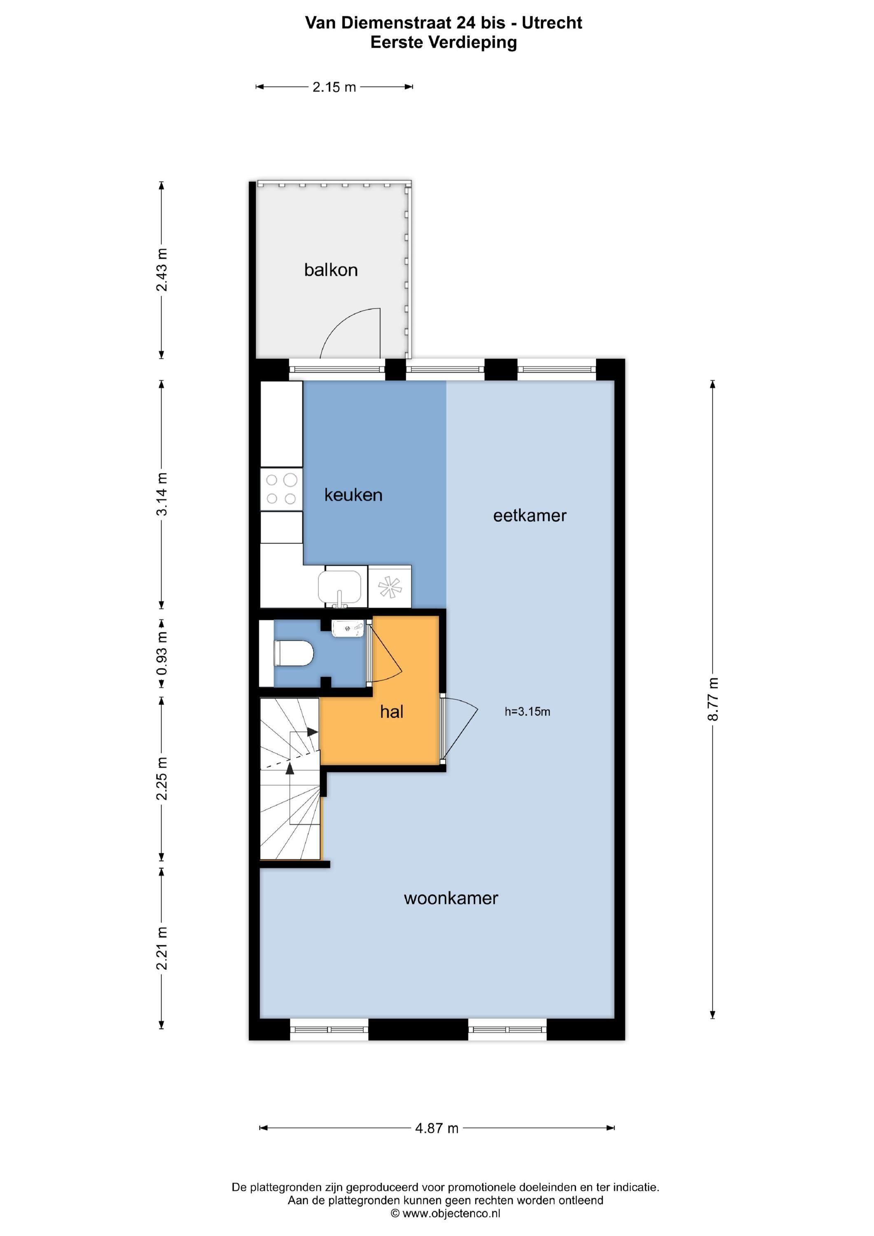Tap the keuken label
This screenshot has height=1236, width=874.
[353, 495]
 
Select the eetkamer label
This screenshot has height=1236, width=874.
[530, 516]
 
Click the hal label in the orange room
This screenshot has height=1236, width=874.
[391, 712]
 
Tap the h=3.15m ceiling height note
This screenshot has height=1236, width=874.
[528, 712]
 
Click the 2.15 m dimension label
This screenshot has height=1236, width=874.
[334, 87]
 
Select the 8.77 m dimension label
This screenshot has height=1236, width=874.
[713, 699]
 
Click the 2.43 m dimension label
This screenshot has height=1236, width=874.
[161, 270]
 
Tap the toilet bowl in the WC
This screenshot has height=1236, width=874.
[294, 653]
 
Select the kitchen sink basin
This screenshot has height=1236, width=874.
[339, 587]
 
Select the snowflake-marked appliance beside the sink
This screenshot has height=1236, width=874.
[390, 587]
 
